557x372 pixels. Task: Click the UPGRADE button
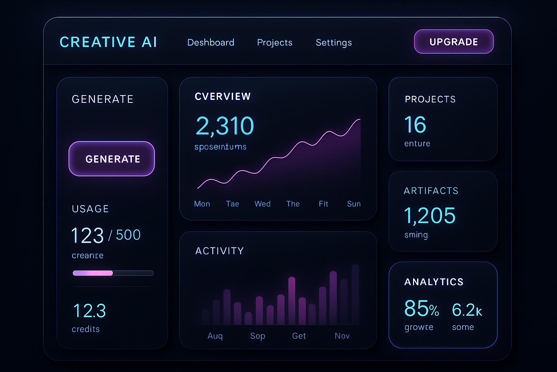[x=454, y=42]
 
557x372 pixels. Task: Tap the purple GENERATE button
[x=112, y=159]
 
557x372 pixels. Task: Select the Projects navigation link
[x=275, y=43]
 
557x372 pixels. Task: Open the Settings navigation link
[x=334, y=43]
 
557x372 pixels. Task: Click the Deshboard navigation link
[x=211, y=43]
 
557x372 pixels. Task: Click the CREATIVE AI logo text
[x=108, y=42]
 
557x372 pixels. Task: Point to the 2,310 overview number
[x=225, y=126]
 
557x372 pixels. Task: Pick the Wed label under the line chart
[x=263, y=204]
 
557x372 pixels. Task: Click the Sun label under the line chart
[x=354, y=204]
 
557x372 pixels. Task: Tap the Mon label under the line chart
[x=202, y=204]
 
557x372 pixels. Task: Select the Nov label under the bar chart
[x=342, y=336]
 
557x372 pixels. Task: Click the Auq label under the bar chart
[x=215, y=336]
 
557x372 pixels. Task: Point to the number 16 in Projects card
[x=415, y=125]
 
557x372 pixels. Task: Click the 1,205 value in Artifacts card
[x=430, y=216]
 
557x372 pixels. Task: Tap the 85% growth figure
[x=421, y=309]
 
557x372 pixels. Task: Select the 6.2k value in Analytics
[x=467, y=310]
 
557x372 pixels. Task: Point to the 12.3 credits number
[x=90, y=311]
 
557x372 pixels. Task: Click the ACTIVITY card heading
[x=219, y=251]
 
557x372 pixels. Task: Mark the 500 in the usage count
[x=128, y=235]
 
